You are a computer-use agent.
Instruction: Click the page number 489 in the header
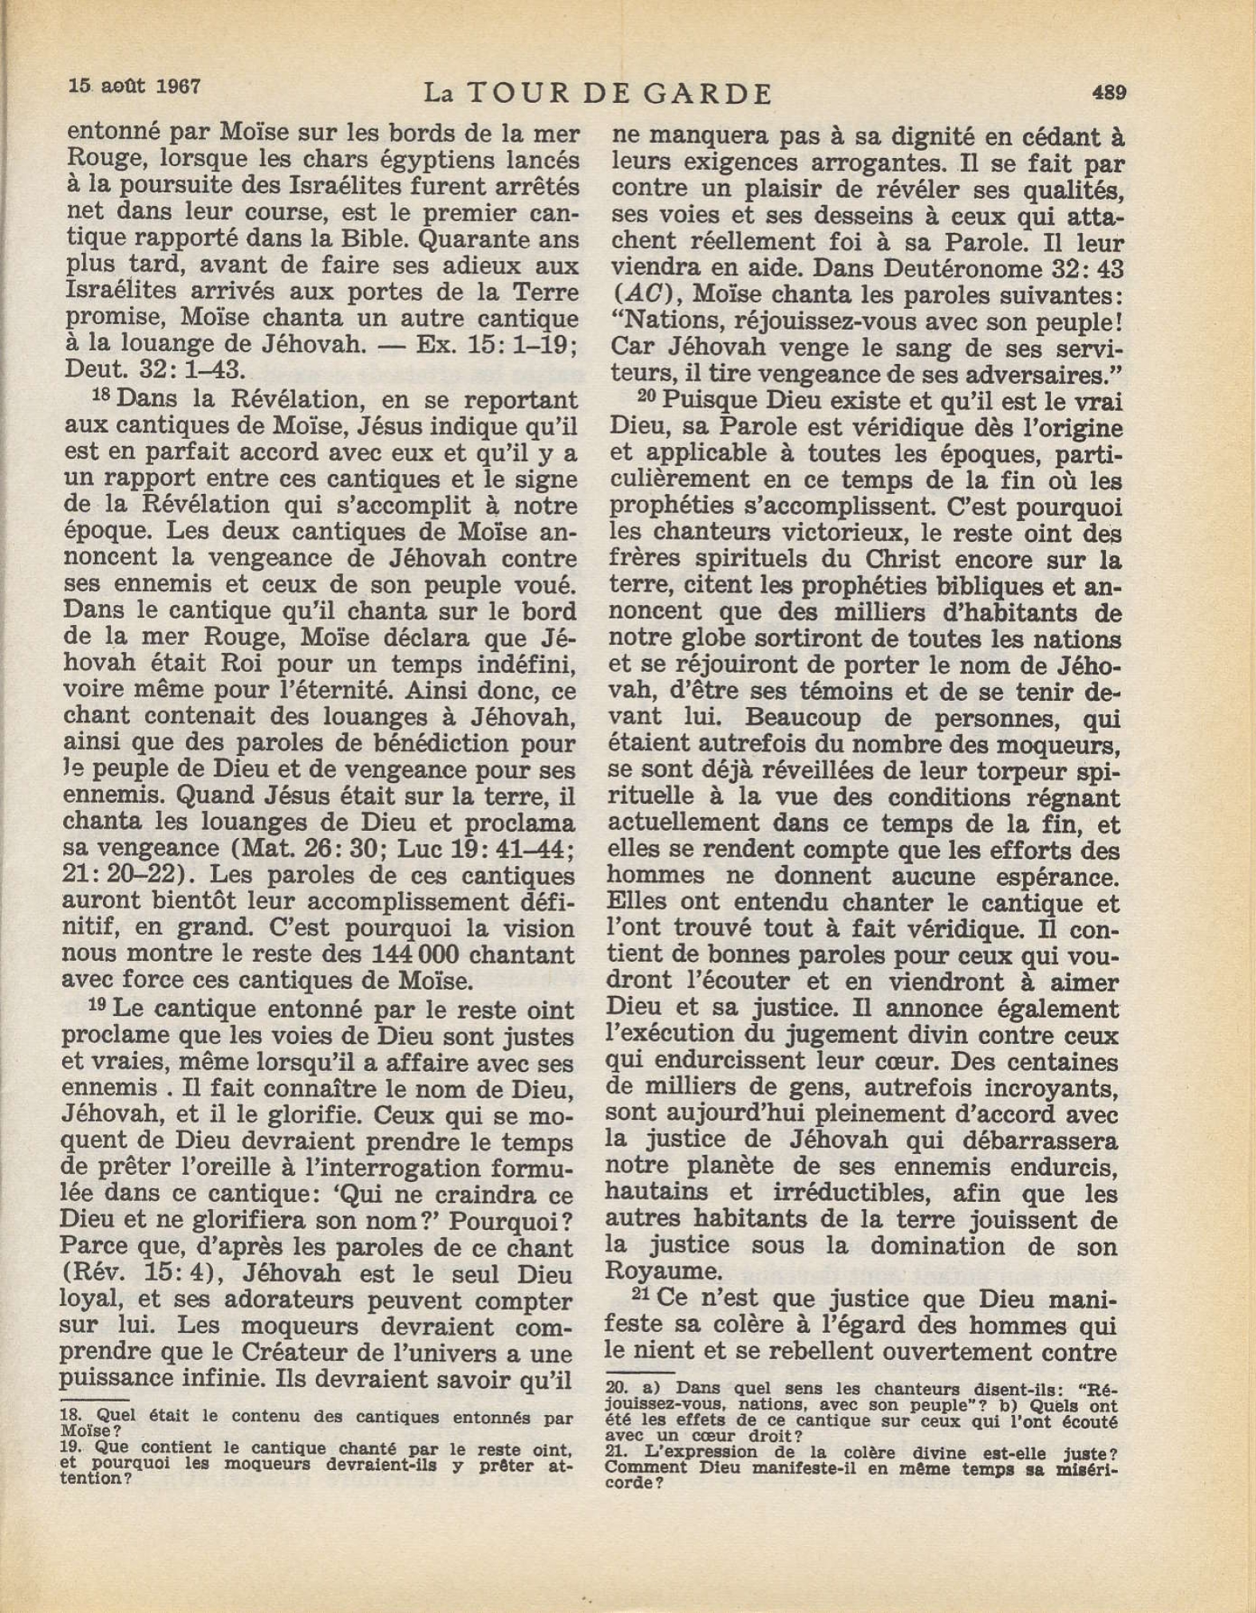(x=1108, y=93)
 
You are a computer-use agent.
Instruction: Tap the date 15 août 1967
(x=134, y=86)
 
